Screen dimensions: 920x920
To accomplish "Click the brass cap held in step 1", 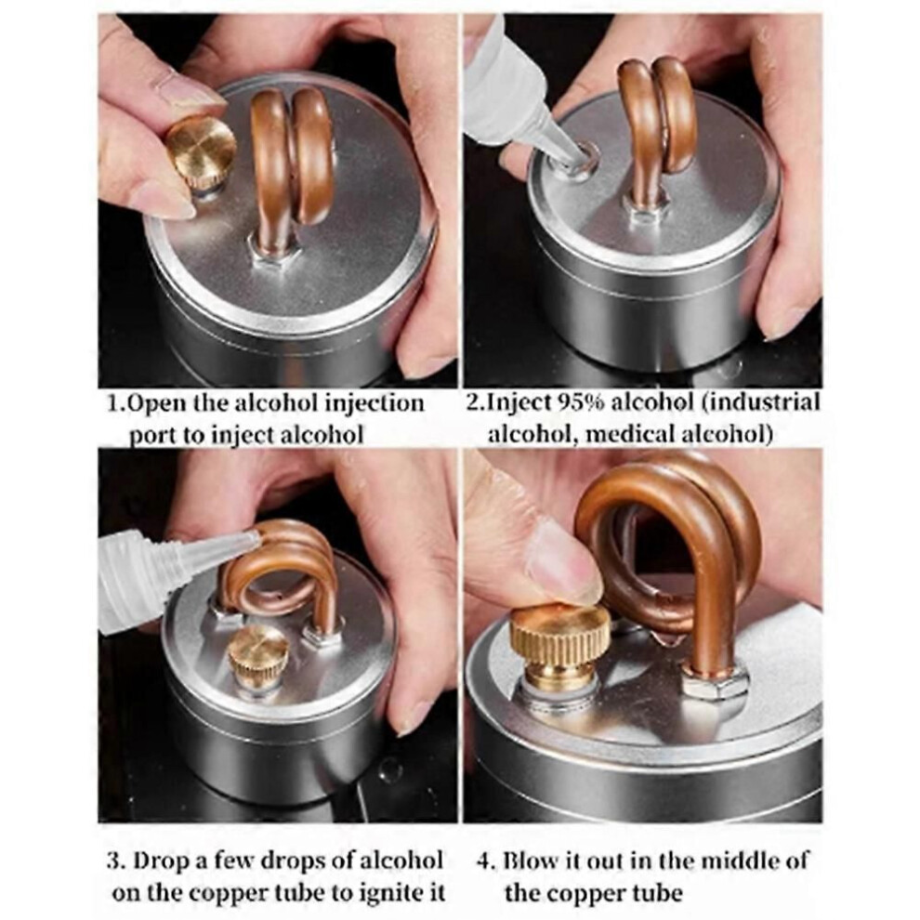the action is click(x=202, y=152).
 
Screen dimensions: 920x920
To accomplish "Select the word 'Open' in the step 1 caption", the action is click(x=151, y=404).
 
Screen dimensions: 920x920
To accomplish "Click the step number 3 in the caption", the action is click(x=113, y=861).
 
